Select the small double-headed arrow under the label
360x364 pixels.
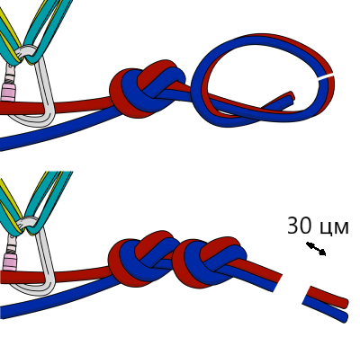tap(316, 249)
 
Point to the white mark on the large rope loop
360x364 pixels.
tap(326, 76)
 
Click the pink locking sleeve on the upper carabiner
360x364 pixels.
tap(7, 93)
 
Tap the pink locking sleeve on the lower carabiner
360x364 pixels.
tap(9, 262)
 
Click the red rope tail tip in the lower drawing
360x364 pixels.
tap(345, 303)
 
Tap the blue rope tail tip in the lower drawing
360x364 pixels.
tap(344, 317)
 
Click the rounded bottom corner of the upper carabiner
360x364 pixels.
tap(45, 120)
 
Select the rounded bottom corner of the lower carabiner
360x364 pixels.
tap(45, 289)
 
